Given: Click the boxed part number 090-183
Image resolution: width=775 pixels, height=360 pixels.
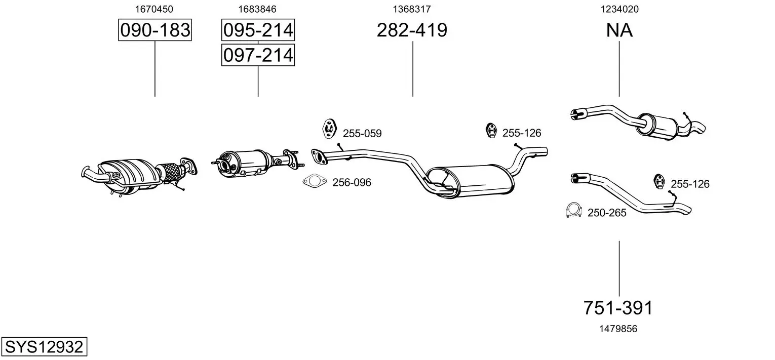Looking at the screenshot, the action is (x=154, y=30).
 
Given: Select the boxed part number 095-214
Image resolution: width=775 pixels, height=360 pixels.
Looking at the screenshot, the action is (x=258, y=30).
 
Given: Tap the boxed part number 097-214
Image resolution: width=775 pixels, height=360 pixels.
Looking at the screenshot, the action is (x=258, y=55).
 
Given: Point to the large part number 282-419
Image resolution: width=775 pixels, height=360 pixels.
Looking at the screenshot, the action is (x=412, y=30).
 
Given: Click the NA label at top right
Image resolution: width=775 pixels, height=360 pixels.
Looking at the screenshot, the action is (x=619, y=30).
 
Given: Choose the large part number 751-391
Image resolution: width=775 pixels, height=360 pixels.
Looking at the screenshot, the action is (x=618, y=307).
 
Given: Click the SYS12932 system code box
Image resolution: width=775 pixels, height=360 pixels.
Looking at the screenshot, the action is (x=44, y=346).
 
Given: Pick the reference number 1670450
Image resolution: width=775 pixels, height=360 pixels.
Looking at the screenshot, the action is (x=153, y=9).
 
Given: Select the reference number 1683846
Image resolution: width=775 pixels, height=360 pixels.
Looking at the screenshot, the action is (x=257, y=9).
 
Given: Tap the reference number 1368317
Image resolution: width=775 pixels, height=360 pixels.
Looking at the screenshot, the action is (x=411, y=9).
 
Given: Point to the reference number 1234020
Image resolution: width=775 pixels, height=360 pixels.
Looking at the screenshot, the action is (x=619, y=9).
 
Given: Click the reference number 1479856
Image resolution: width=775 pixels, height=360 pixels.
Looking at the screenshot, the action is (x=618, y=329).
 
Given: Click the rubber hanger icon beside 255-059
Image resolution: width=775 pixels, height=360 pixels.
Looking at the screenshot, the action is (x=329, y=129).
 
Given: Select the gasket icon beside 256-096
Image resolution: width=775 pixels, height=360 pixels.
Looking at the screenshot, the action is (x=315, y=181).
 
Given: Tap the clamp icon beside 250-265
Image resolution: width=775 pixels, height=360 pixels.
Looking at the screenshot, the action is (x=573, y=210).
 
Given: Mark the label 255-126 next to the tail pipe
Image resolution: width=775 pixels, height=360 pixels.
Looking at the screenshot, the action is (x=690, y=184).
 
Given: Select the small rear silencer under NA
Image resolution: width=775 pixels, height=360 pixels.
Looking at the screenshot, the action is (x=656, y=126).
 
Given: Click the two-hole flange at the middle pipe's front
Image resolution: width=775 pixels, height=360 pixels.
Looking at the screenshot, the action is (x=319, y=156).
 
